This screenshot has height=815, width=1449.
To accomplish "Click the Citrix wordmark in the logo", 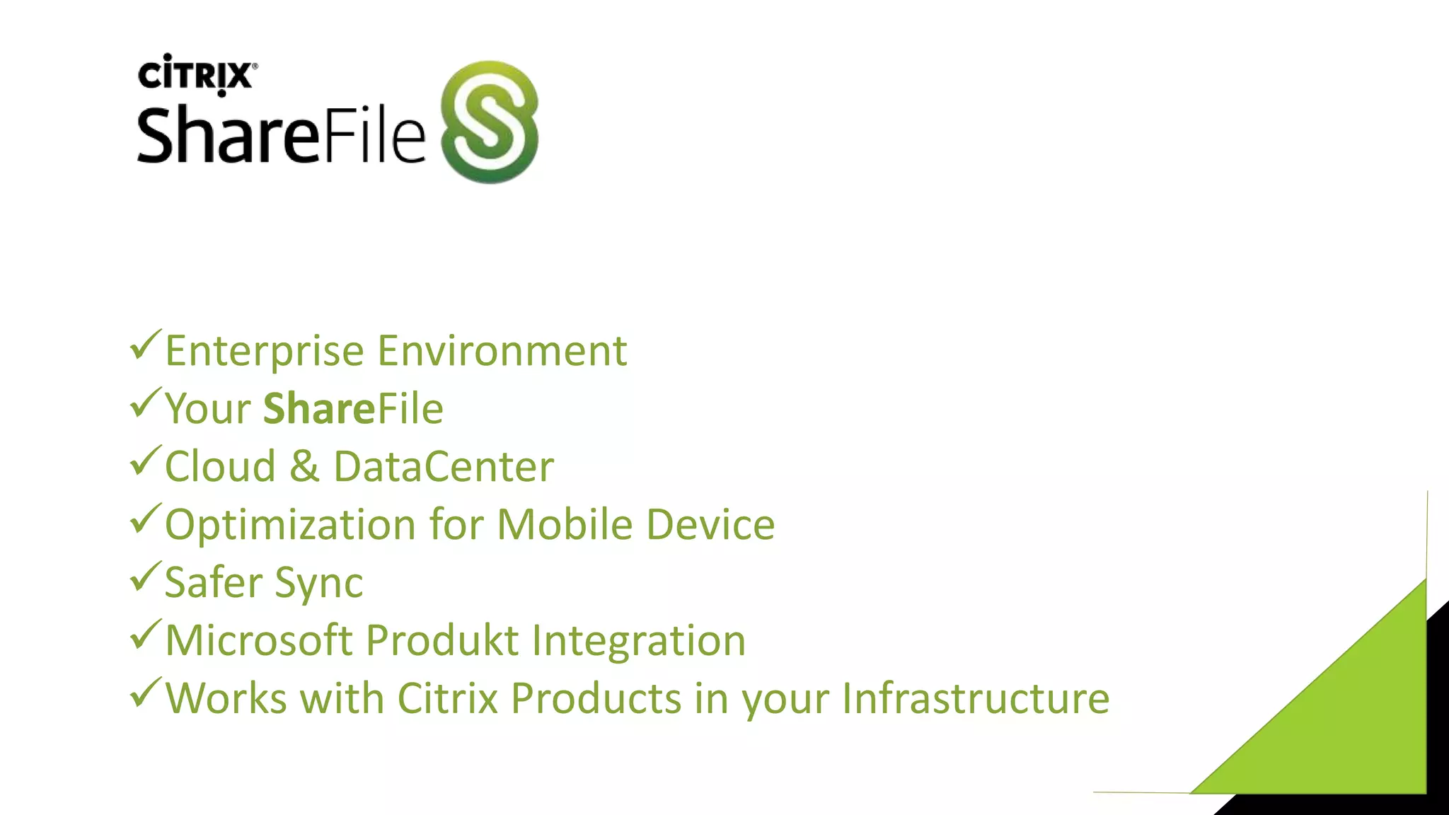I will tap(195, 74).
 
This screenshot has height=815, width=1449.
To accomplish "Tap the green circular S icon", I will tap(489, 122).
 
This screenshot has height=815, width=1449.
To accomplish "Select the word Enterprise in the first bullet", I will tap(264, 352).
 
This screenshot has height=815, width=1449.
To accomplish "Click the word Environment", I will tap(502, 351).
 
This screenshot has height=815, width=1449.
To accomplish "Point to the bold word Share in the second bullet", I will tap(318, 409).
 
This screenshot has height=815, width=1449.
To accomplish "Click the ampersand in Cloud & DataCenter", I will tap(304, 467).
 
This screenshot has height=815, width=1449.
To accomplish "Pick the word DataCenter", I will tap(444, 467).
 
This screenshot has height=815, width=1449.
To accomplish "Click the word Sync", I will tap(318, 584).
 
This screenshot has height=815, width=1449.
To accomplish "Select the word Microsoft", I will tap(259, 641).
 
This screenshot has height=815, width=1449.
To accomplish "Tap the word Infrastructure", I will tap(976, 699).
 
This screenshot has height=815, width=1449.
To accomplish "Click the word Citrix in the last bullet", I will tap(448, 699).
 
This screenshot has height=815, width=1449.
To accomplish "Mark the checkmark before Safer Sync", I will tap(146, 577).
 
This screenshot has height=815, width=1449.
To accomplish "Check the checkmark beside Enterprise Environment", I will tap(146, 345).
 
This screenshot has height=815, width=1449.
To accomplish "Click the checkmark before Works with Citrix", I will tap(146, 693).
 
